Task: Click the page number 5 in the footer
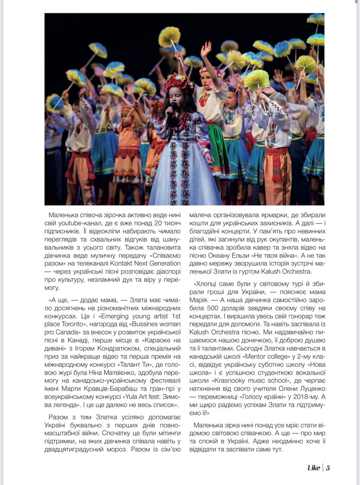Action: pos(328,468)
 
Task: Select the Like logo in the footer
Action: pos(313,468)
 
